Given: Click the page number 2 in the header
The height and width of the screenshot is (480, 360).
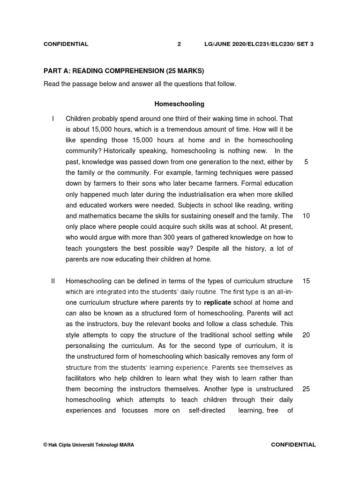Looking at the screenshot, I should point(179,44).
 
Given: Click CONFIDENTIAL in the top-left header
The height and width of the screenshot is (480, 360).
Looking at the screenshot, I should point(66,44).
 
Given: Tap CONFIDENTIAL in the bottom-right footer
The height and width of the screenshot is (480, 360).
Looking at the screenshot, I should point(293,444).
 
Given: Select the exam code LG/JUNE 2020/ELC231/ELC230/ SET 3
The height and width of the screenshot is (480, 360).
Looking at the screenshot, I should point(259,44).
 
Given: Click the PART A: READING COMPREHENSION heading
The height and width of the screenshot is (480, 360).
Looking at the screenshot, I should point(124,71).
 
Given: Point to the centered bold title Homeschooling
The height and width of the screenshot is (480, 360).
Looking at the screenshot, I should point(180,104).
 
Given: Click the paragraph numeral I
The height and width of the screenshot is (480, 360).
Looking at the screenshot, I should point(53,119).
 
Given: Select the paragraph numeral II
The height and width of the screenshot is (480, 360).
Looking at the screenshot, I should point(53,281).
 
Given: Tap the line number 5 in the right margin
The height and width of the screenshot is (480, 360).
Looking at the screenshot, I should point(306,162).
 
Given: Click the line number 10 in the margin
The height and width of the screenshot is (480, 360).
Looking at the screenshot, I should point(306,216).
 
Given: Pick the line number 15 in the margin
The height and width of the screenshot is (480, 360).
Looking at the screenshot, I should point(306,281).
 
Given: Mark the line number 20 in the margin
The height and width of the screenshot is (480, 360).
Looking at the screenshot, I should point(306,335).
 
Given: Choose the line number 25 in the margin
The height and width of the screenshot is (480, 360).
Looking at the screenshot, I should point(306,389).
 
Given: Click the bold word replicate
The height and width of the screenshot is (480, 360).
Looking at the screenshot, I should point(217,303).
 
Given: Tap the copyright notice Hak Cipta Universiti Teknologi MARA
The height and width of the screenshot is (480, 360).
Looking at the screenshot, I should point(88,445).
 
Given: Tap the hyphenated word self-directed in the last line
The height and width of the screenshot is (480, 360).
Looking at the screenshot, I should point(207,411).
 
